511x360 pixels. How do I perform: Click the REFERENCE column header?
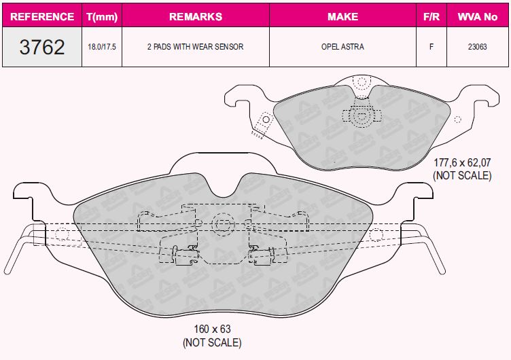click(x=42, y=16)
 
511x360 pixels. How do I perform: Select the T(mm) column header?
click(x=102, y=16)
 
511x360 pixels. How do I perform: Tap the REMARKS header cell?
click(x=196, y=16)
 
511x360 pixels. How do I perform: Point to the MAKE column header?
click(x=343, y=16)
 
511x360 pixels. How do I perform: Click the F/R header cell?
click(x=431, y=16)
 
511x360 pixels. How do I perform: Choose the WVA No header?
click(x=478, y=16)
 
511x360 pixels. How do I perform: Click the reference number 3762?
click(x=42, y=47)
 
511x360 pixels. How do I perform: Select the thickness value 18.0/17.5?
click(x=102, y=47)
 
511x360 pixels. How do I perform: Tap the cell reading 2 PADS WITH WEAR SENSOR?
click(x=195, y=47)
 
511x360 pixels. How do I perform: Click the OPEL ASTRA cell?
click(x=342, y=47)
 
